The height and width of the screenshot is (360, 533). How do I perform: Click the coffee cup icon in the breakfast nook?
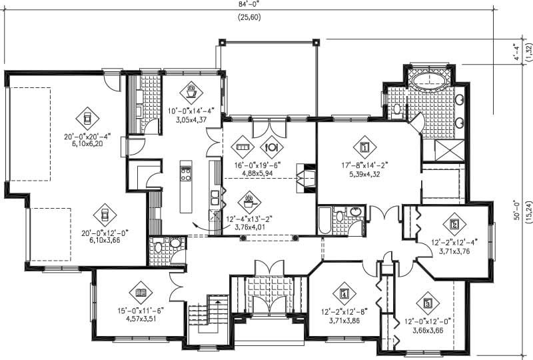(192, 89)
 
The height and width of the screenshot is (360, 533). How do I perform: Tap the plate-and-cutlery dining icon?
(274, 147)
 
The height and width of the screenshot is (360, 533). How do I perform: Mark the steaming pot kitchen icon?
(249, 199)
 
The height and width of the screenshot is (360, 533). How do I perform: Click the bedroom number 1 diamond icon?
(364, 146)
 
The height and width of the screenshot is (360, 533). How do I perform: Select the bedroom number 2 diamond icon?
(454, 223)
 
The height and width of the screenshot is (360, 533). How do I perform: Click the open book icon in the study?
(141, 293)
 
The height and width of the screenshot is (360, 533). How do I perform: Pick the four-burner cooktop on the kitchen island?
(185, 174)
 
